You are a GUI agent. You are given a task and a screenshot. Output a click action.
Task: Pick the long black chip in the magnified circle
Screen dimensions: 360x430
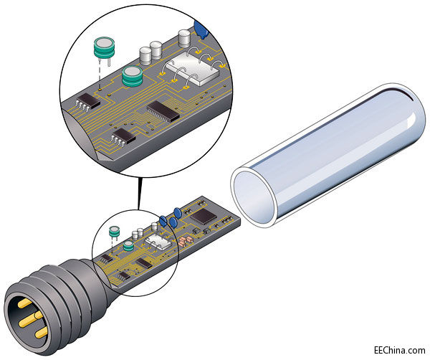click(163, 109)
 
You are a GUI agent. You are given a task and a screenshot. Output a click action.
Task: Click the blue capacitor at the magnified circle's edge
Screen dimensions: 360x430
click(201, 29)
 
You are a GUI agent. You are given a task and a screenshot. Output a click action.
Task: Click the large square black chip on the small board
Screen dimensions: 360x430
click(205, 214)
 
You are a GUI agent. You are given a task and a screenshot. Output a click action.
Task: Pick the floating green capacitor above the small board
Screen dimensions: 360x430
click(113, 232)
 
